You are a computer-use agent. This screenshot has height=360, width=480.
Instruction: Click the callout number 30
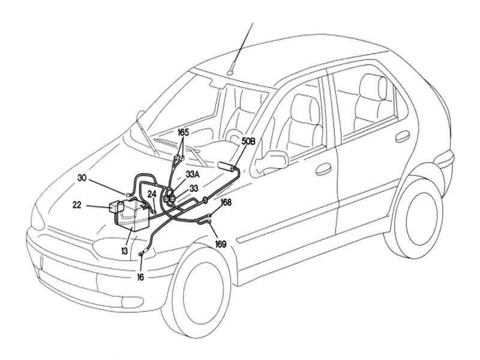[82, 178]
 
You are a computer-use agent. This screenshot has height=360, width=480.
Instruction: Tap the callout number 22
[77, 205]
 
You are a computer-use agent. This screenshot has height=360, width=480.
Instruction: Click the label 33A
[193, 175]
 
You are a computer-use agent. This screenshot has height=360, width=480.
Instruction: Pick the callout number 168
[226, 202]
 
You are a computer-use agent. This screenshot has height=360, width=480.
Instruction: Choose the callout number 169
[221, 244]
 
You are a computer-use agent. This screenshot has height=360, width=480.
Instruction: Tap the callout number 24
[152, 194]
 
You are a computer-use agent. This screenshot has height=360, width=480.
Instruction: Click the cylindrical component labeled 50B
[227, 166]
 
